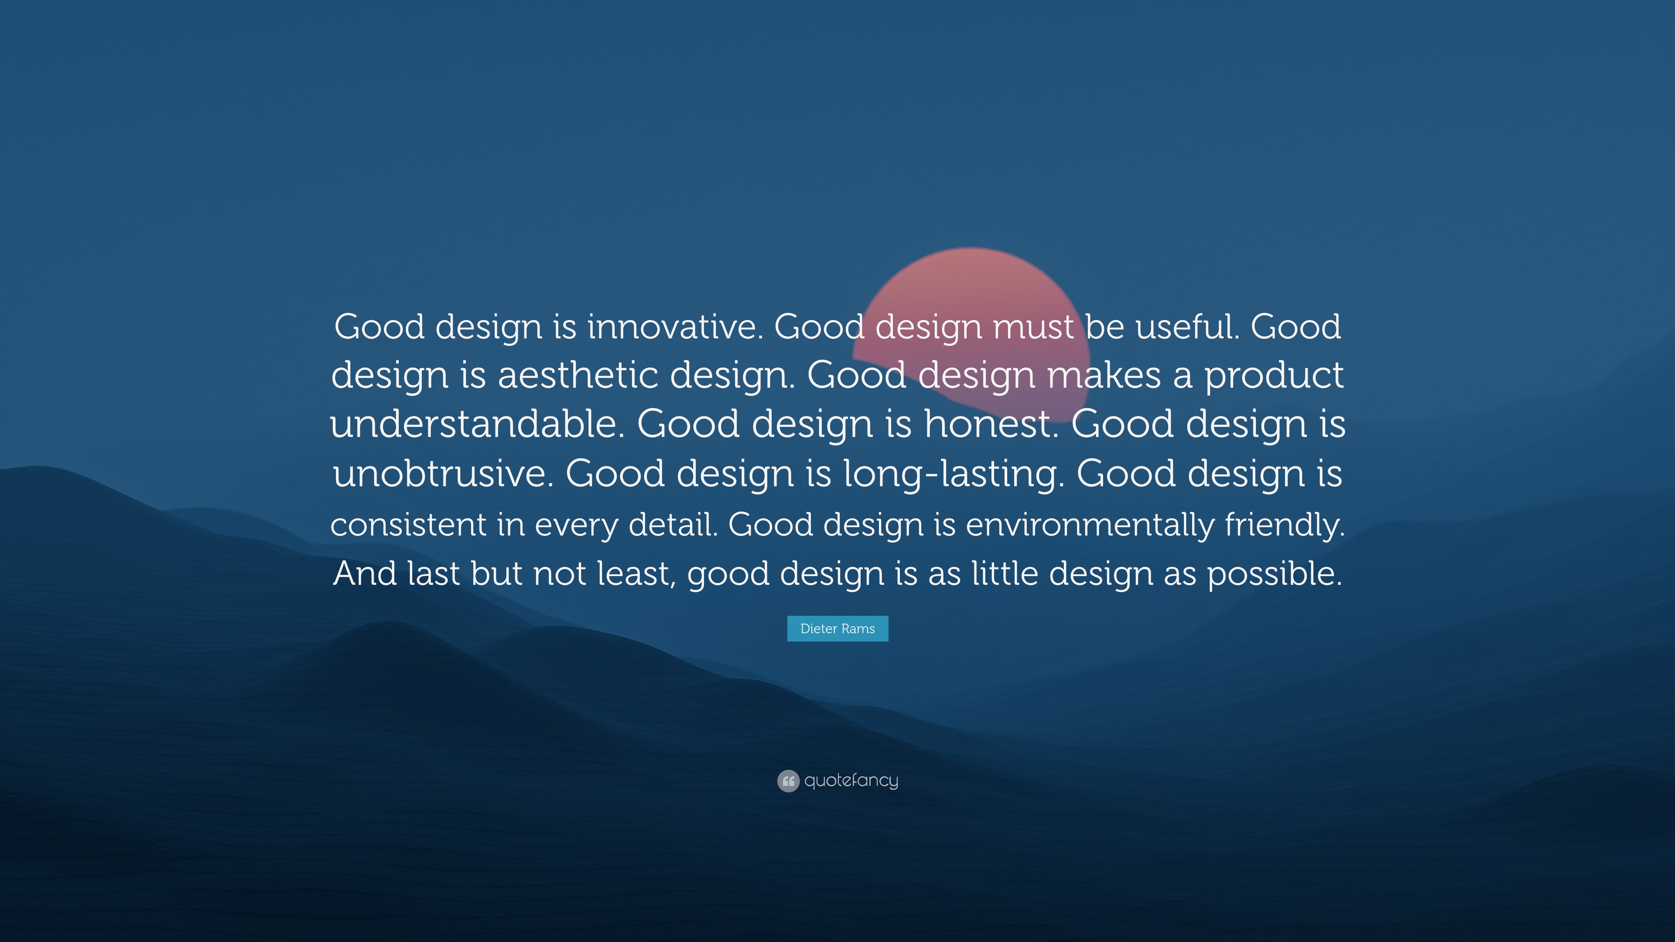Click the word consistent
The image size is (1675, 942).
click(x=408, y=524)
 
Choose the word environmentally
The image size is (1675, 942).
click(x=1090, y=524)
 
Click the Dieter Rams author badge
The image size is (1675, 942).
click(x=837, y=628)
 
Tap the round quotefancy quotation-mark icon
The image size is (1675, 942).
click(x=788, y=781)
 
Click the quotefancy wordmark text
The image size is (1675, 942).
click(x=851, y=781)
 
